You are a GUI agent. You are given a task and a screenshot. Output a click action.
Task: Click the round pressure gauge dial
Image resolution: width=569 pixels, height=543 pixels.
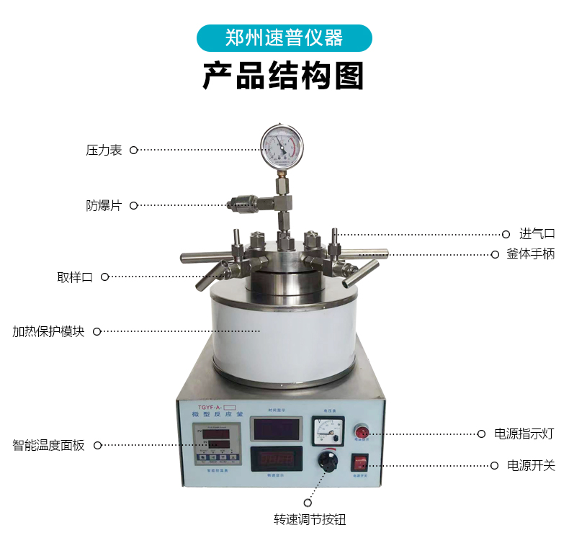click(x=282, y=146)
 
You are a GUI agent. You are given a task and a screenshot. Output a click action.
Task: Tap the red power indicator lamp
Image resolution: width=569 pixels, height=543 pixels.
click(x=361, y=432)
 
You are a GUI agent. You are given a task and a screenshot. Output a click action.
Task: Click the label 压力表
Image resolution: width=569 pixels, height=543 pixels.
click(x=104, y=151)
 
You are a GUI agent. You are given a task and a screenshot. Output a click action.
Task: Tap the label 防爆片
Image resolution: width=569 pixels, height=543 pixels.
click(x=104, y=205)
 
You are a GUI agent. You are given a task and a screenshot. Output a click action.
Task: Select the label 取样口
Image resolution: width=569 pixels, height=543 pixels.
click(x=75, y=277)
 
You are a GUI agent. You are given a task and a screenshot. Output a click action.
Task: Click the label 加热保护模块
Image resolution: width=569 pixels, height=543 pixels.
click(x=48, y=332)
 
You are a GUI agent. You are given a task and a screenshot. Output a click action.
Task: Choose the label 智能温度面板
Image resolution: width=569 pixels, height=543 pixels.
click(x=48, y=445)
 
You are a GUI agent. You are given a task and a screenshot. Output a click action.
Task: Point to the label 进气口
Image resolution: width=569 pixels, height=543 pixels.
click(x=537, y=233)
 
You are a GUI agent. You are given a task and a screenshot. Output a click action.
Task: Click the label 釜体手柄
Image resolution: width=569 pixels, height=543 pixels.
click(x=531, y=254)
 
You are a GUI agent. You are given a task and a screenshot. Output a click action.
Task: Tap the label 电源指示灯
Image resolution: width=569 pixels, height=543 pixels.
click(x=524, y=434)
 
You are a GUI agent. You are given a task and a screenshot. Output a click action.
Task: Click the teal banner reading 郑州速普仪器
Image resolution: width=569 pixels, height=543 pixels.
click(x=284, y=38)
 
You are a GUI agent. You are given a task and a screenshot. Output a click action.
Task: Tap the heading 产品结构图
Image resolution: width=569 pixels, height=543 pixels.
click(x=284, y=76)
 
